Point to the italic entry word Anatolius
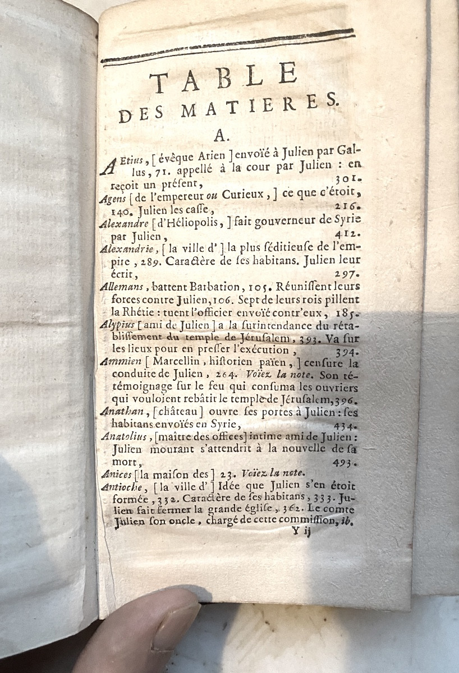123,436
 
